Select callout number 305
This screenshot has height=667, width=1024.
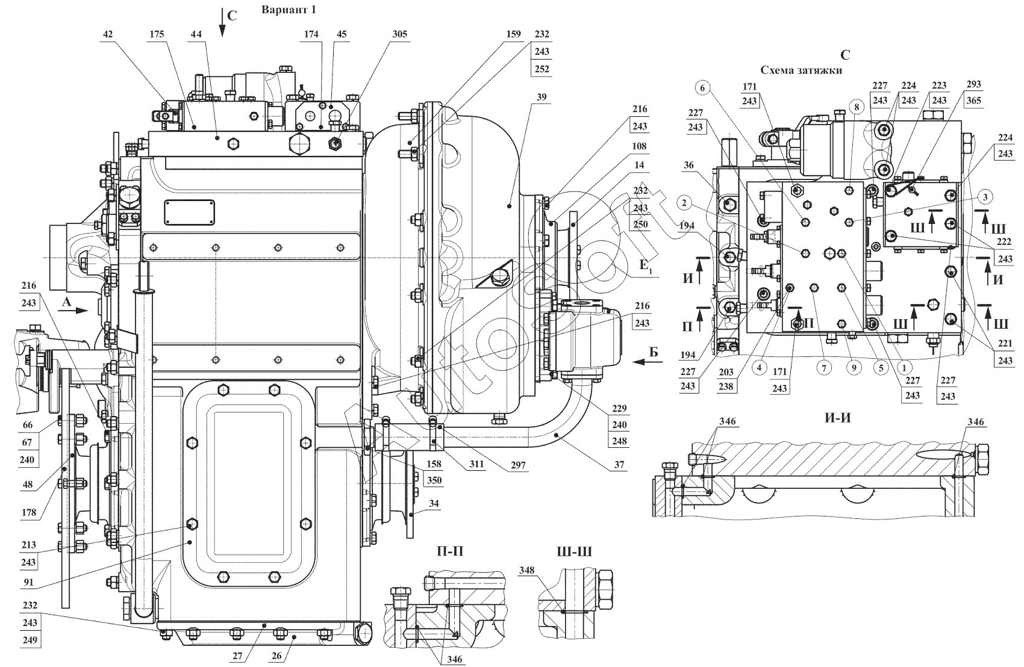coord(399,34)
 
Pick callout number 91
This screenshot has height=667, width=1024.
coord(29,582)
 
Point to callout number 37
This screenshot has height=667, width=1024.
coord(619,465)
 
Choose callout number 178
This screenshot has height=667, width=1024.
coord(28,513)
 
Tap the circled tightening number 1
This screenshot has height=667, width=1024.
coord(904,365)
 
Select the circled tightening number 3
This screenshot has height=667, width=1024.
coord(983,197)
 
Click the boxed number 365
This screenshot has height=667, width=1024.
coord(974,101)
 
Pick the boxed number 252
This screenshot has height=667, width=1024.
coord(542,69)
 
